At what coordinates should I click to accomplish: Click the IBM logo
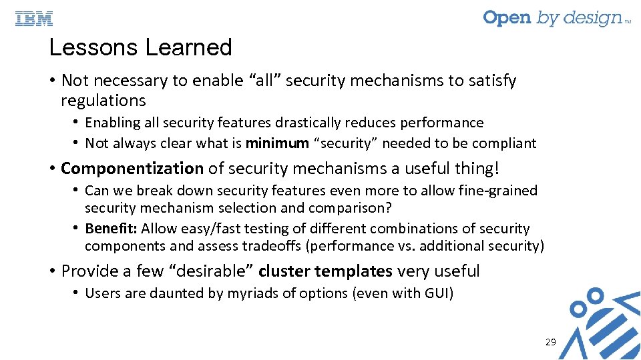pos(34,19)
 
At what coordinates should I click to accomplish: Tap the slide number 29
pos(550,342)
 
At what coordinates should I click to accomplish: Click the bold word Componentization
pos(132,169)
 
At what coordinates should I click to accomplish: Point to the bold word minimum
pos(277,143)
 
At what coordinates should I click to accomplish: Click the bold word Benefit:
pos(111,229)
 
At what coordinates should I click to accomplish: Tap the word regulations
pos(103,101)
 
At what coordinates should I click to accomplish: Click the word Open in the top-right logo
pos(507,17)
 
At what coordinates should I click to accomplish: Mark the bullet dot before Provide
pos(51,271)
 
